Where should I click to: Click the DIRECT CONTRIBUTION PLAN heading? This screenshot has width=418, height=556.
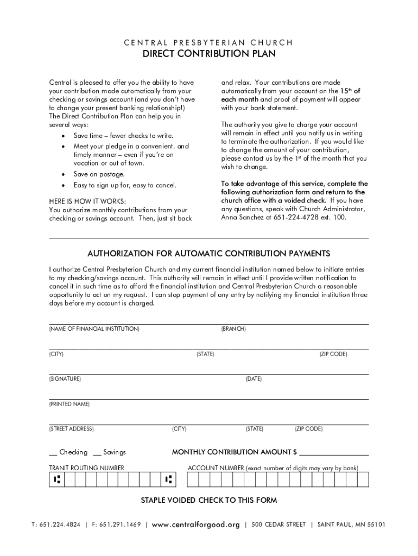coord(209,54)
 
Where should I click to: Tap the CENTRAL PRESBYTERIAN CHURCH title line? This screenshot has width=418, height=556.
coord(209,42)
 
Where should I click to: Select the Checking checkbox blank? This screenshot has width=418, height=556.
coord(53,453)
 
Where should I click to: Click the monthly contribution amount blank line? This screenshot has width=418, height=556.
coord(334,452)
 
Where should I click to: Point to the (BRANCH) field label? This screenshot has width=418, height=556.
coord(233,329)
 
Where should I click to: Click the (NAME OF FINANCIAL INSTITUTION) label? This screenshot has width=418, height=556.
coord(94,329)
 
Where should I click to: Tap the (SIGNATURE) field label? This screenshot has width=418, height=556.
coord(65,378)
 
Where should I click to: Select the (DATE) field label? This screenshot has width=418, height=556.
coord(254,378)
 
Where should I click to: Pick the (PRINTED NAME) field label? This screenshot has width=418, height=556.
coord(69,404)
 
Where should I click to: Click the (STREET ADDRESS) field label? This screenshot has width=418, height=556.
coord(71,429)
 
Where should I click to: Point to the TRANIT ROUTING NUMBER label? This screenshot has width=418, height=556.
coord(86,468)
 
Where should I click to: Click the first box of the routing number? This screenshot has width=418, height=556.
coord(56,479)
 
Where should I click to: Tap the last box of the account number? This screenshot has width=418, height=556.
coord(363,479)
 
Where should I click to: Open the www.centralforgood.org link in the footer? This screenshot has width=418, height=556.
coord(196,525)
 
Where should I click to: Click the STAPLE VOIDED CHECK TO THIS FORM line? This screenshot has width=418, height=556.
coord(209,500)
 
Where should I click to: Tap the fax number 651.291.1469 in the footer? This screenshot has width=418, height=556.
coord(116,525)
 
